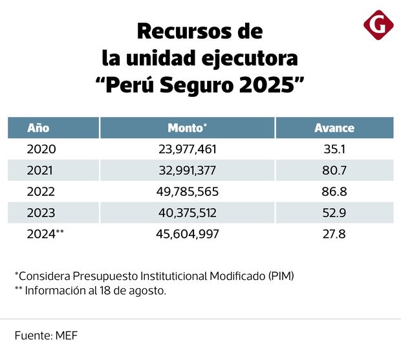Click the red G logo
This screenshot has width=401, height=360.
[x=378, y=25]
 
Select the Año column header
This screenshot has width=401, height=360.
[x=38, y=127]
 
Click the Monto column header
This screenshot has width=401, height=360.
[x=187, y=127]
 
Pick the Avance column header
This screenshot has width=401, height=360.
[x=334, y=127]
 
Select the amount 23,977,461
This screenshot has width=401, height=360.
[x=188, y=149]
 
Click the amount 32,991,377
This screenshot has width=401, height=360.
[x=188, y=171]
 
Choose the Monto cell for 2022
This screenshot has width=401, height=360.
[x=188, y=191]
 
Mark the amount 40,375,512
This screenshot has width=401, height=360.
[x=188, y=213]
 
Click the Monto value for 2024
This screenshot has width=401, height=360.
[x=188, y=234]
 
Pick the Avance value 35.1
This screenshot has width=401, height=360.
[x=334, y=149]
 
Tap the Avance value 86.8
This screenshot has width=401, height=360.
[x=334, y=191]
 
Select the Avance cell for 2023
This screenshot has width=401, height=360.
[x=334, y=213]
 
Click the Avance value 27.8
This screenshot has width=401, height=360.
[x=334, y=234]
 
